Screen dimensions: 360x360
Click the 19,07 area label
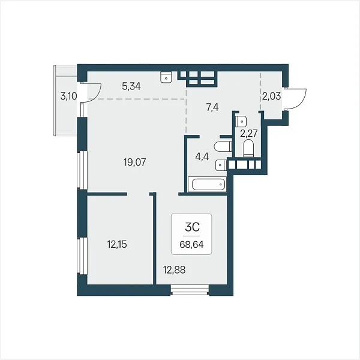(x=135, y=163)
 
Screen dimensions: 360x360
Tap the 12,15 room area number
(x=117, y=244)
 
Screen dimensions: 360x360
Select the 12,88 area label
(x=174, y=270)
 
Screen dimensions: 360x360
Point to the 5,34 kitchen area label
(x=131, y=86)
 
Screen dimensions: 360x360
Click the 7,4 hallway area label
(x=212, y=107)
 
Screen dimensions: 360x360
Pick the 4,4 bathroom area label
(x=202, y=157)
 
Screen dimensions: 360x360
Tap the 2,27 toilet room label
(x=248, y=133)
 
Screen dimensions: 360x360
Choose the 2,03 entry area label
(x=272, y=96)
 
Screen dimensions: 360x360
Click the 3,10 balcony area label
(x=68, y=96)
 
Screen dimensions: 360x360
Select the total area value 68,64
(x=191, y=245)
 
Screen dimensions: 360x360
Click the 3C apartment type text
(x=192, y=227)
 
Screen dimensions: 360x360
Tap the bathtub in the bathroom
(x=208, y=184)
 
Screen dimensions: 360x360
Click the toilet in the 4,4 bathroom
(x=223, y=147)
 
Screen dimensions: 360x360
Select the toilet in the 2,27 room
(x=248, y=148)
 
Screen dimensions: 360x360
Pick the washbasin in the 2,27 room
(x=241, y=121)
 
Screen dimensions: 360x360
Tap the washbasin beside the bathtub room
(x=221, y=166)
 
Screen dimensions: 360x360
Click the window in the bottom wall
(x=190, y=290)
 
